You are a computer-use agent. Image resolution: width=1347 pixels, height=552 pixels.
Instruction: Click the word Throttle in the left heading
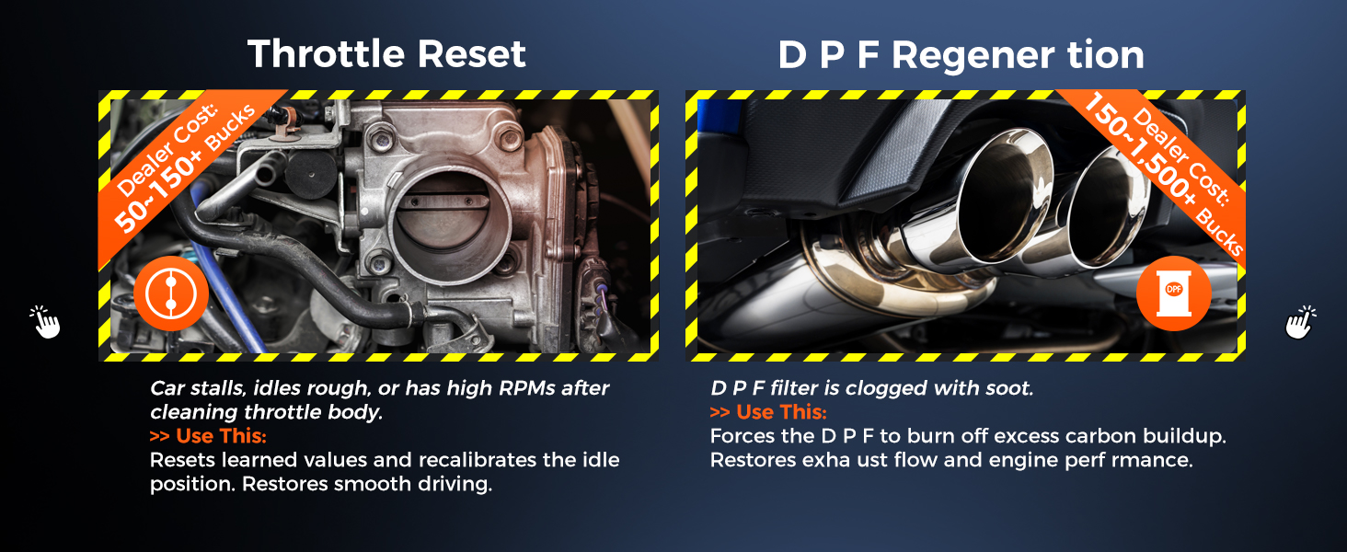327,53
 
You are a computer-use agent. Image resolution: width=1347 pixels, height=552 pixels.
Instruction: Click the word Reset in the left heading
471,53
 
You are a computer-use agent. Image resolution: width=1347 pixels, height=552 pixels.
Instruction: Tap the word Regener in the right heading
973,55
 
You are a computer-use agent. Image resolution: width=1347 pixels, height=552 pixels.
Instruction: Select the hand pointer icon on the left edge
45,322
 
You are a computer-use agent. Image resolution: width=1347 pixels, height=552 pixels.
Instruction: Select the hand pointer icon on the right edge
1301,322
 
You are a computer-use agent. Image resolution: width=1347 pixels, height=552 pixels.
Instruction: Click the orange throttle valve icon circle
171,293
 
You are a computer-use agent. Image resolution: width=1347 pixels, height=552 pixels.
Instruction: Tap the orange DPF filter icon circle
1174,293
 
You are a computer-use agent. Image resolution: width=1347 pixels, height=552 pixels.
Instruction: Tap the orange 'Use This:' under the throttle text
208,435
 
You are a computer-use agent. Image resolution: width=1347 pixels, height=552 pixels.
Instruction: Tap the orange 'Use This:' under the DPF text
768,411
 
